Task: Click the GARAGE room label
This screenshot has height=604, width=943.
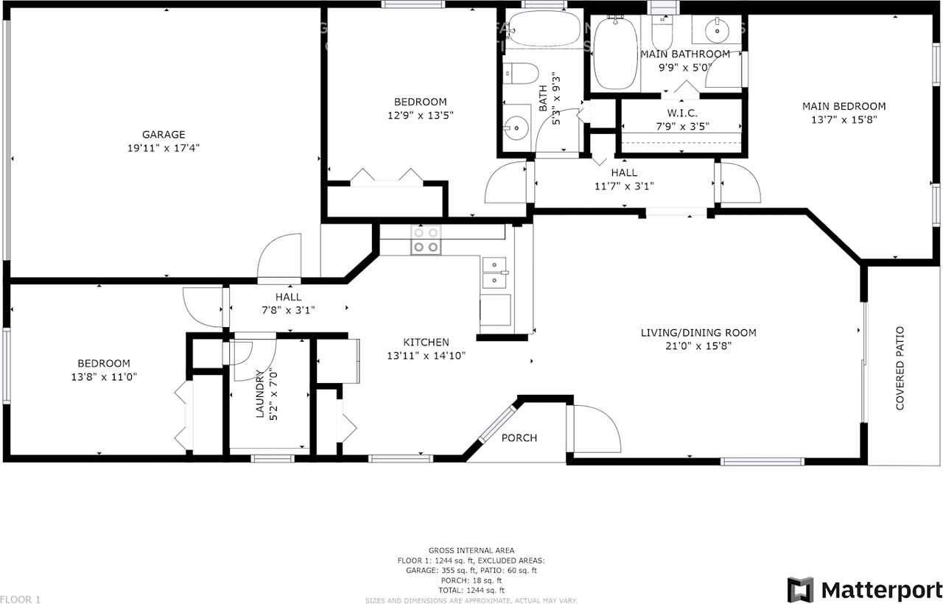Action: (x=164, y=134)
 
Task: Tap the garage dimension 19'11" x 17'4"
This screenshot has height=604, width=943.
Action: (x=164, y=147)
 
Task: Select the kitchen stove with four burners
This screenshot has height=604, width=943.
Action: (x=426, y=239)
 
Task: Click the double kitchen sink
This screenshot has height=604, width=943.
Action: (x=494, y=273)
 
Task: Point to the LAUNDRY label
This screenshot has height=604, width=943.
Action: (x=259, y=393)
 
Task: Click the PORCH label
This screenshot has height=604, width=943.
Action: (x=519, y=438)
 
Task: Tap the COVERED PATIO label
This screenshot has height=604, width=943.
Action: (x=900, y=368)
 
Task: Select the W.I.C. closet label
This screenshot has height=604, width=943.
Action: (x=681, y=113)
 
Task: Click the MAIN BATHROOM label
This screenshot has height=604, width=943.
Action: (x=685, y=54)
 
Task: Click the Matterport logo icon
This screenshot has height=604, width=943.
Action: (x=801, y=589)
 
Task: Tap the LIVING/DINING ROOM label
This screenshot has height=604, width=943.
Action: (x=698, y=333)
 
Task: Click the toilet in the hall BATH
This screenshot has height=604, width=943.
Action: (x=520, y=74)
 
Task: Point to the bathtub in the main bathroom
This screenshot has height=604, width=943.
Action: (x=614, y=53)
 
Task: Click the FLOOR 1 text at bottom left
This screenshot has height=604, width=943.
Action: (x=21, y=599)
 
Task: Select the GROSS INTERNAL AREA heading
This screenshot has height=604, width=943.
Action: (x=471, y=550)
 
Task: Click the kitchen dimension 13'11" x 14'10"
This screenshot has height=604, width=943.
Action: (x=426, y=355)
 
